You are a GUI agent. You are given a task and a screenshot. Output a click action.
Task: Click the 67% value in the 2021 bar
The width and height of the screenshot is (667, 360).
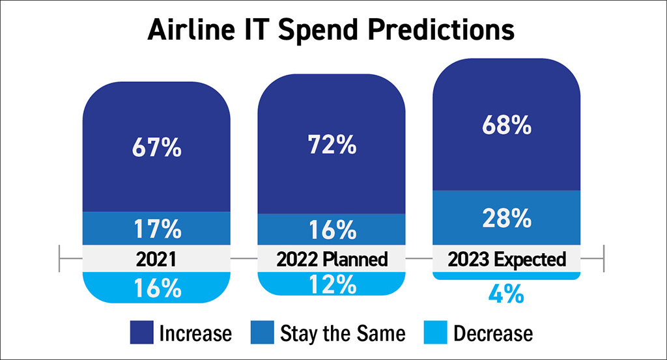[156, 148]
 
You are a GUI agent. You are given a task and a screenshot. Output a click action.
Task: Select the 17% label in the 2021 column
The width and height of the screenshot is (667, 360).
[156, 229]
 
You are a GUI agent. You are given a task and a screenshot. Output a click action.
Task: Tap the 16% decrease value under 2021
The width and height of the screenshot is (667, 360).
[156, 288]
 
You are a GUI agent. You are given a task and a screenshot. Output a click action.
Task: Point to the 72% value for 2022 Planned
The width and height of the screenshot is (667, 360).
[332, 144]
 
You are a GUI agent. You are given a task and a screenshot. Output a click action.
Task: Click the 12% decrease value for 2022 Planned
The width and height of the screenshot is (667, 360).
[332, 284]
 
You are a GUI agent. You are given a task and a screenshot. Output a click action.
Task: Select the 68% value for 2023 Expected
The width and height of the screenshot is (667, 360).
[507, 124]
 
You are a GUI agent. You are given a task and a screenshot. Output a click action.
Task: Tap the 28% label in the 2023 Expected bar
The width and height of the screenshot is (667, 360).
[507, 218]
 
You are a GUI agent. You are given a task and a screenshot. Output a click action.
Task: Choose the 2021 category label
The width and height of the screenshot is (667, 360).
[156, 260]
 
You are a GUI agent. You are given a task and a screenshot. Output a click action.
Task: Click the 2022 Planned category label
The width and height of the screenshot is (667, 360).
[332, 260]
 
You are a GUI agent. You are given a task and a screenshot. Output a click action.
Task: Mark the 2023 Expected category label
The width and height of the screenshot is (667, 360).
[507, 260]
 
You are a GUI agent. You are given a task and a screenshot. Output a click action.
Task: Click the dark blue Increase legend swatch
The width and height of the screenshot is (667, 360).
[141, 333]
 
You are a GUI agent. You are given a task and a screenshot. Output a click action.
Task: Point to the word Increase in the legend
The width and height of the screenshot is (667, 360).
[195, 333]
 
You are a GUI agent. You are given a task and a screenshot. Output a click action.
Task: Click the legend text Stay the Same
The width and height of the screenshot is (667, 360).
[343, 333]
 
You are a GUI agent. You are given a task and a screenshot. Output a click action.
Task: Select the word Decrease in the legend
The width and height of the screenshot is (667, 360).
[493, 333]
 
